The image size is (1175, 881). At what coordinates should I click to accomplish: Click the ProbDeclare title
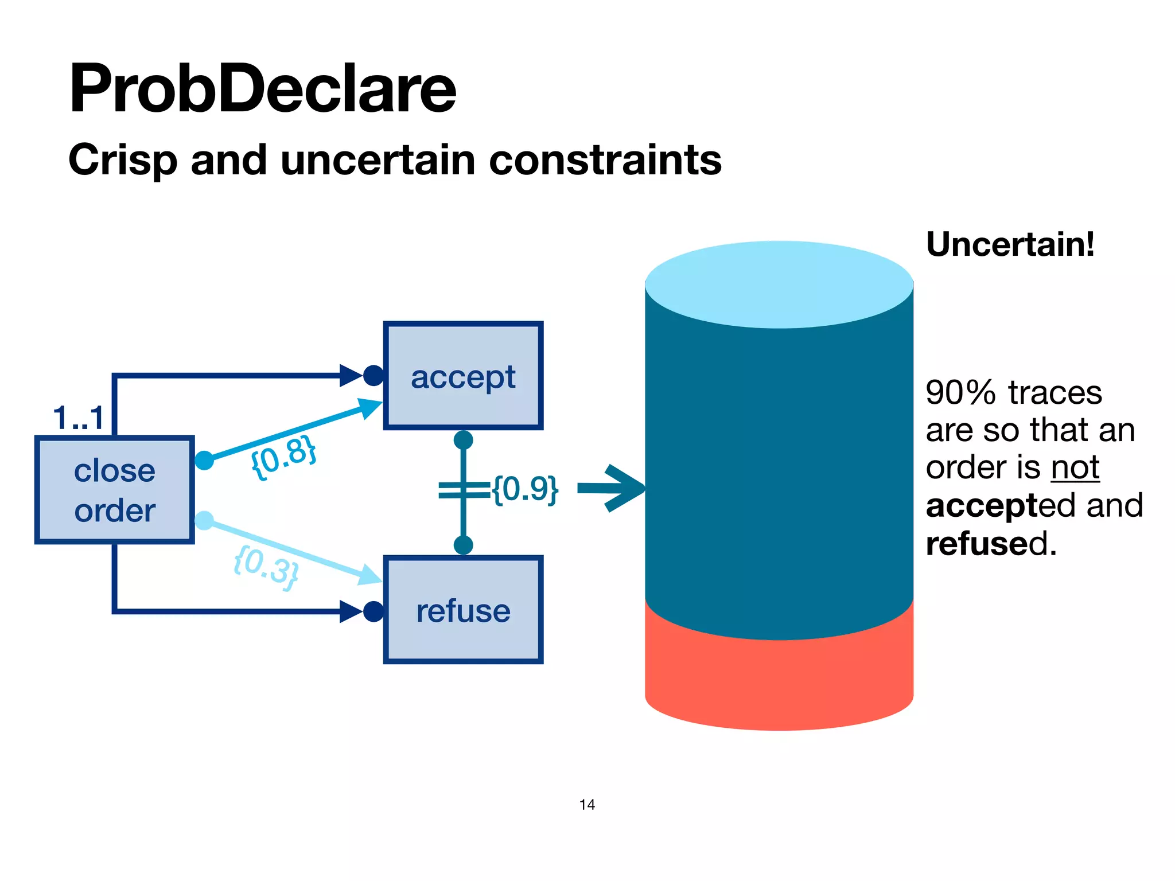click(262, 89)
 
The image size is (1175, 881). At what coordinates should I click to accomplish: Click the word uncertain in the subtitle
click(378, 159)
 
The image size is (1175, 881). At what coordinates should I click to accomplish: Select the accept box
click(463, 376)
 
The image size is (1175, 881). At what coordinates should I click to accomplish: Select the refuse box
click(463, 610)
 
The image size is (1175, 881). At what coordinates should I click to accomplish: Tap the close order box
click(115, 490)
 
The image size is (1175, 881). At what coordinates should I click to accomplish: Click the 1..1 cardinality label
click(79, 418)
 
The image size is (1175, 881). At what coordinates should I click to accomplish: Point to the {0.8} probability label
click(284, 457)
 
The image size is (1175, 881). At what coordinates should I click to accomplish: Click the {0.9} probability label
click(526, 489)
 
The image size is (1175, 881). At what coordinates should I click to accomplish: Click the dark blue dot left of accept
click(373, 376)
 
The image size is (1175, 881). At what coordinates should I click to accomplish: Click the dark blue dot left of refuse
click(373, 611)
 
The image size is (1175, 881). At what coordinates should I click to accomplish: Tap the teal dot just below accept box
click(463, 440)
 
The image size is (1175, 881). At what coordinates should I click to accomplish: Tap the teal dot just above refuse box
click(463, 545)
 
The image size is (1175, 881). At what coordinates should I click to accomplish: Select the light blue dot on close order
click(204, 521)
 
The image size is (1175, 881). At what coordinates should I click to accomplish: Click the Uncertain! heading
click(1010, 244)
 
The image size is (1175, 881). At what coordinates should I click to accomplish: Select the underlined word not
click(1075, 467)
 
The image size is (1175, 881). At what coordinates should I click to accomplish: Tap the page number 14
click(587, 805)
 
